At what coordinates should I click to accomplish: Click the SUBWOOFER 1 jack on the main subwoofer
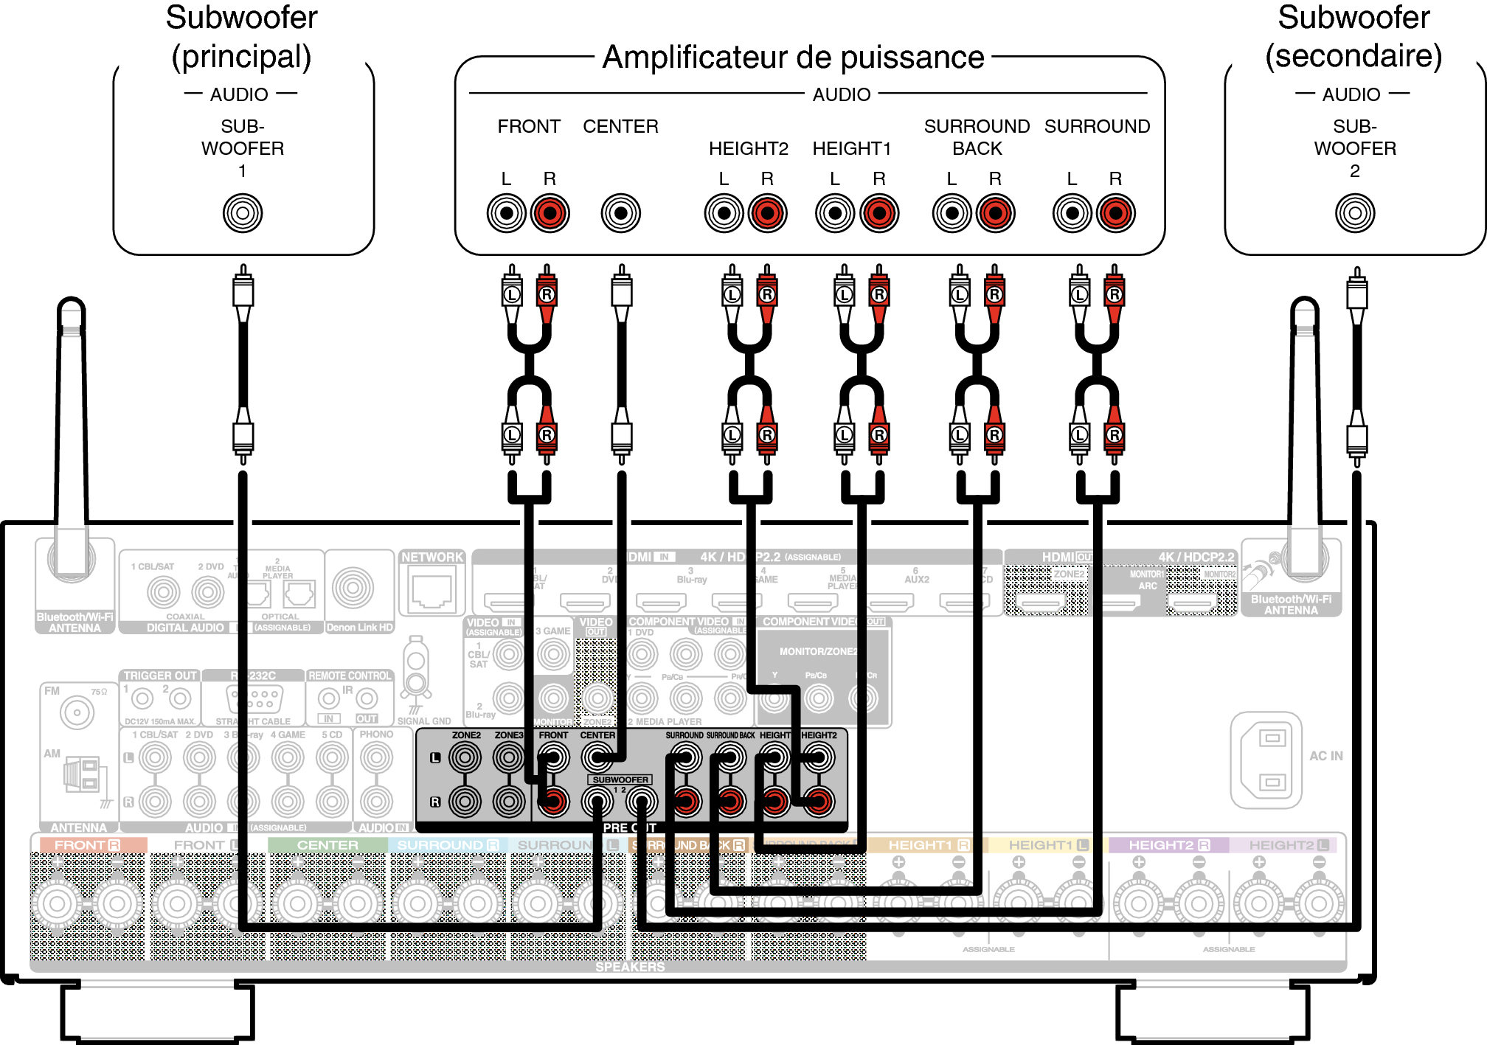pyautogui.click(x=243, y=213)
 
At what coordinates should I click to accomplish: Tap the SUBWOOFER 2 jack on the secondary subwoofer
pyautogui.click(x=1354, y=213)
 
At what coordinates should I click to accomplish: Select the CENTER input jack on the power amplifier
pyautogui.click(x=621, y=213)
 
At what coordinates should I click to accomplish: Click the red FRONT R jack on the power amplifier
pyautogui.click(x=550, y=213)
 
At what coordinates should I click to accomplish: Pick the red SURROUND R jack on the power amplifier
pyautogui.click(x=1115, y=213)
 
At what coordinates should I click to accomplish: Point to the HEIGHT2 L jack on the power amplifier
pyautogui.click(x=724, y=213)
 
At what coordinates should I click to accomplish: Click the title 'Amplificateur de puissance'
pyautogui.click(x=793, y=58)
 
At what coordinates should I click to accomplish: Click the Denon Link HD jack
pyautogui.click(x=353, y=588)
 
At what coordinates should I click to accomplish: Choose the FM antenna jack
pyautogui.click(x=77, y=712)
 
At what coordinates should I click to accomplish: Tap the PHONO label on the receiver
pyautogui.click(x=376, y=735)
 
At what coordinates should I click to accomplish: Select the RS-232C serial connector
pyautogui.click(x=253, y=696)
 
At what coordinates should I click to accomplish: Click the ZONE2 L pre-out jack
pyautogui.click(x=465, y=757)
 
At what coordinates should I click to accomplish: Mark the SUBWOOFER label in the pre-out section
pyautogui.click(x=620, y=780)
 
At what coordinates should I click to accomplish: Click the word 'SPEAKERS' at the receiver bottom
pyautogui.click(x=630, y=967)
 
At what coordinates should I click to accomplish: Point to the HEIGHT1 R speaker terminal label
pyautogui.click(x=929, y=845)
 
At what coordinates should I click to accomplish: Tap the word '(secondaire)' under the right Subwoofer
pyautogui.click(x=1353, y=56)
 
